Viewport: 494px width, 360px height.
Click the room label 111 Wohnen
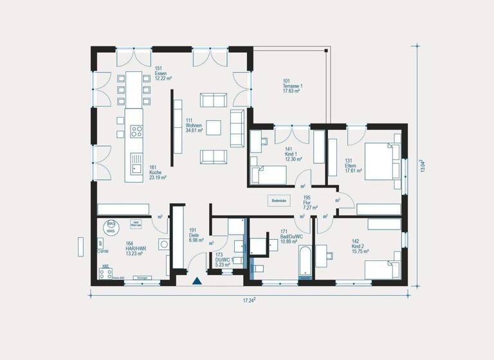[194, 125]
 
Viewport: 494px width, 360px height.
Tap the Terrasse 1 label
[293, 86]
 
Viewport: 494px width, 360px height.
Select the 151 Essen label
[161, 73]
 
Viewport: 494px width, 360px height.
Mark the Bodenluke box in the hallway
[279, 201]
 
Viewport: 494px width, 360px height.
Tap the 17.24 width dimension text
[250, 300]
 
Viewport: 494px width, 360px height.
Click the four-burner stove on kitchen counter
[136, 132]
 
